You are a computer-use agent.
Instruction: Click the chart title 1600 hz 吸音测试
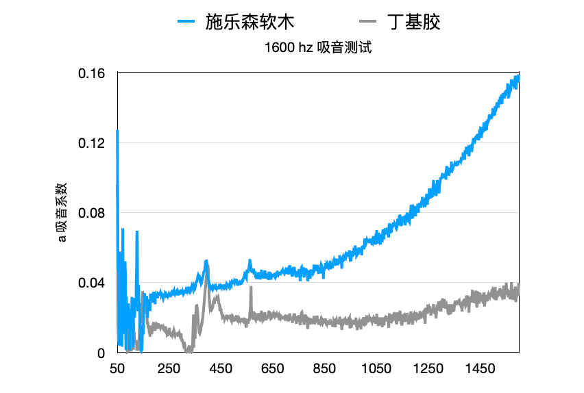[x=317, y=49]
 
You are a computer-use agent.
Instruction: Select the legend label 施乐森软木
[x=250, y=22]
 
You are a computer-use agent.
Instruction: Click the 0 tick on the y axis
[x=100, y=353]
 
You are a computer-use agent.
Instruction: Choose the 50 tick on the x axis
[x=117, y=369]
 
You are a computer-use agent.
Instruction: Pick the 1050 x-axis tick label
[x=376, y=369]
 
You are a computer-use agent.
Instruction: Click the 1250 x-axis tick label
[x=428, y=369]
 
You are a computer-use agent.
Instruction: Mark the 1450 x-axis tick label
[x=479, y=369]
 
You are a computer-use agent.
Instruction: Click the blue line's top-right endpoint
[x=518, y=77]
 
